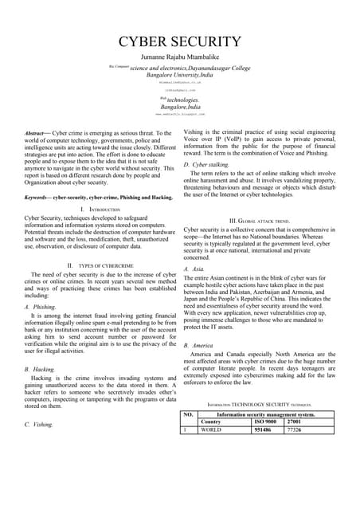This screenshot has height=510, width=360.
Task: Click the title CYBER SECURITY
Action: (x=180, y=41)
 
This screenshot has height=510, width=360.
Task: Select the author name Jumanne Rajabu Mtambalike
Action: (x=180, y=57)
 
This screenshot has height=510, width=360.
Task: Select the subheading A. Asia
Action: (x=196, y=269)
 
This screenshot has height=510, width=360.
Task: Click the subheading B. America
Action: (x=202, y=346)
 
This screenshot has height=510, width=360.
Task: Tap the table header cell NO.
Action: (x=189, y=414)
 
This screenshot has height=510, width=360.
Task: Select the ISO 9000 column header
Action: (x=265, y=422)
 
